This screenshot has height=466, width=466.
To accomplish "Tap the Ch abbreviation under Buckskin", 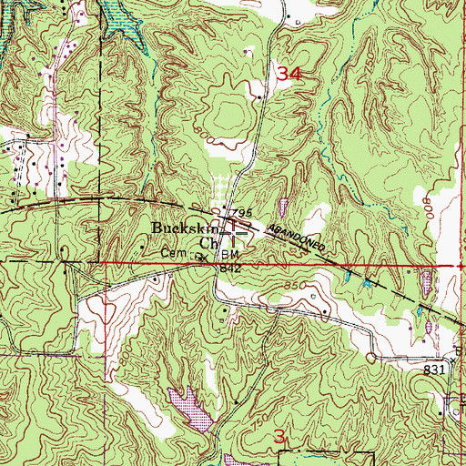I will coord(208,243).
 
